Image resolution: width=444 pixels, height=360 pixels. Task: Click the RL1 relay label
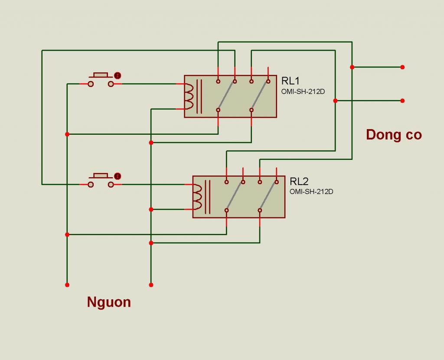(290, 81)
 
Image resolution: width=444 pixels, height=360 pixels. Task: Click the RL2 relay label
(299, 181)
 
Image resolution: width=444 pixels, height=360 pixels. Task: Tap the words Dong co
(394, 135)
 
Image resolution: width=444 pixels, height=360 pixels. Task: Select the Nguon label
(109, 302)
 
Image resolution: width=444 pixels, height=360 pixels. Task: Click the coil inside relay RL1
(189, 97)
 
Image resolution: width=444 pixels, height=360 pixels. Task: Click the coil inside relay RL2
(198, 197)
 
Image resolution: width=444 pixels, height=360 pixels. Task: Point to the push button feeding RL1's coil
(101, 80)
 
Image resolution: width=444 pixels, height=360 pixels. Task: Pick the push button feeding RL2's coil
(101, 180)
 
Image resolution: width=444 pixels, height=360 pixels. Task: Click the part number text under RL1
(303, 92)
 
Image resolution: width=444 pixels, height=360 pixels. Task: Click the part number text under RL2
(311, 191)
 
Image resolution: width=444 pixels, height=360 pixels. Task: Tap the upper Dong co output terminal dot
(402, 67)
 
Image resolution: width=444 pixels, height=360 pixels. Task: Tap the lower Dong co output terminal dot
(402, 101)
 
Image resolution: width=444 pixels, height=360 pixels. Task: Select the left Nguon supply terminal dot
(67, 285)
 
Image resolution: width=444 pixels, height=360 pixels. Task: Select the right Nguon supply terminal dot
(151, 285)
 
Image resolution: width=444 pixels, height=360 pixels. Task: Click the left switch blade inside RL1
(226, 96)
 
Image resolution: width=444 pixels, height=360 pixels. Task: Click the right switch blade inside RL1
(260, 96)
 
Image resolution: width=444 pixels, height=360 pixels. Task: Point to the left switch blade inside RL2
(235, 196)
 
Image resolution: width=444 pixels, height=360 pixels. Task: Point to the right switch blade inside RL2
(268, 196)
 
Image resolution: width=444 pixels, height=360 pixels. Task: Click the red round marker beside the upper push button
(118, 75)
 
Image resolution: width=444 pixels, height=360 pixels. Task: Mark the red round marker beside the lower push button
(118, 176)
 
